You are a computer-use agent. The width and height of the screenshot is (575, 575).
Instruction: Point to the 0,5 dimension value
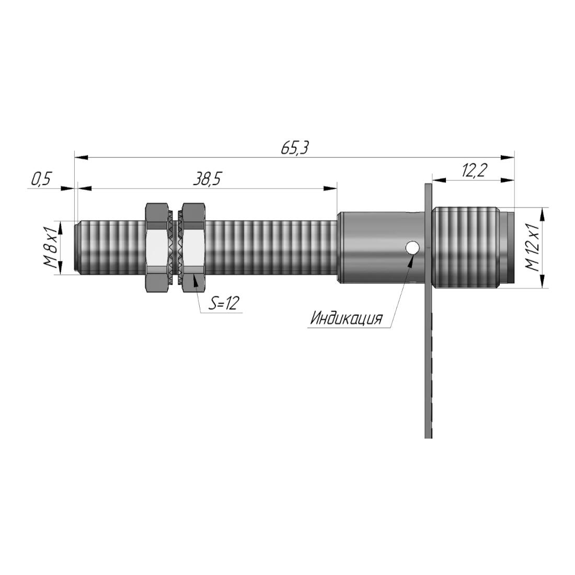point(41,179)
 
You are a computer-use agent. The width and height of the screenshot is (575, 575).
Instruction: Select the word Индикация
point(347,318)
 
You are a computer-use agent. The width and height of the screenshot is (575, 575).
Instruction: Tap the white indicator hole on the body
point(412,248)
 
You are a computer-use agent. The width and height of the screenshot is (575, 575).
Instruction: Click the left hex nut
point(158,248)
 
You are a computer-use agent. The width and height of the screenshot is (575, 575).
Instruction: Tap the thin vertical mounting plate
point(428,310)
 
